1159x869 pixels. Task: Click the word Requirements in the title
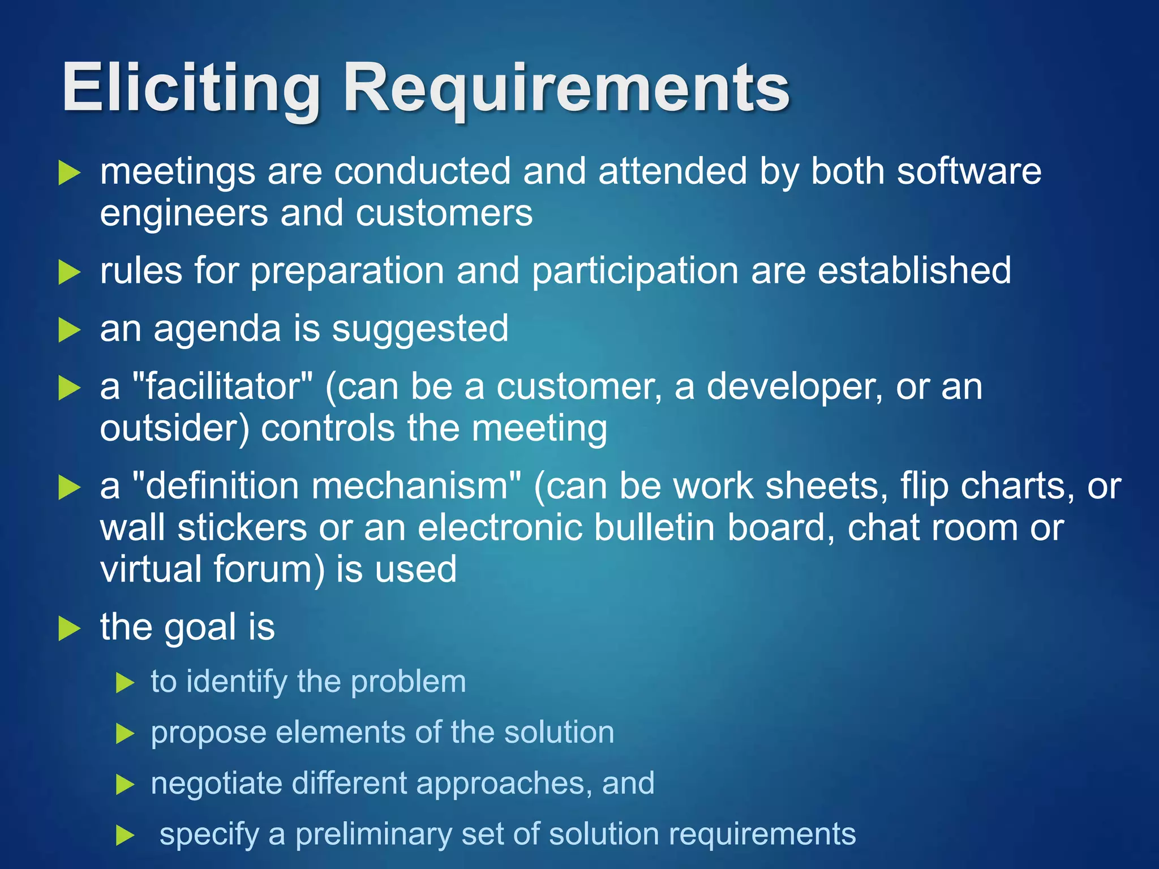coord(566,89)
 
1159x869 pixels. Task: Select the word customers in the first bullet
coord(444,213)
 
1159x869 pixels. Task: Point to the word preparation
coord(347,271)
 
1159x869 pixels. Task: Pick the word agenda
coord(217,329)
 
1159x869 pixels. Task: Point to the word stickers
coord(242,528)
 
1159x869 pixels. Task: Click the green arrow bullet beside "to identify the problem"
coord(125,683)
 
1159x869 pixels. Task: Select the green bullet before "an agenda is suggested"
coord(70,330)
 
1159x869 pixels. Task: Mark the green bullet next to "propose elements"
coord(125,734)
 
